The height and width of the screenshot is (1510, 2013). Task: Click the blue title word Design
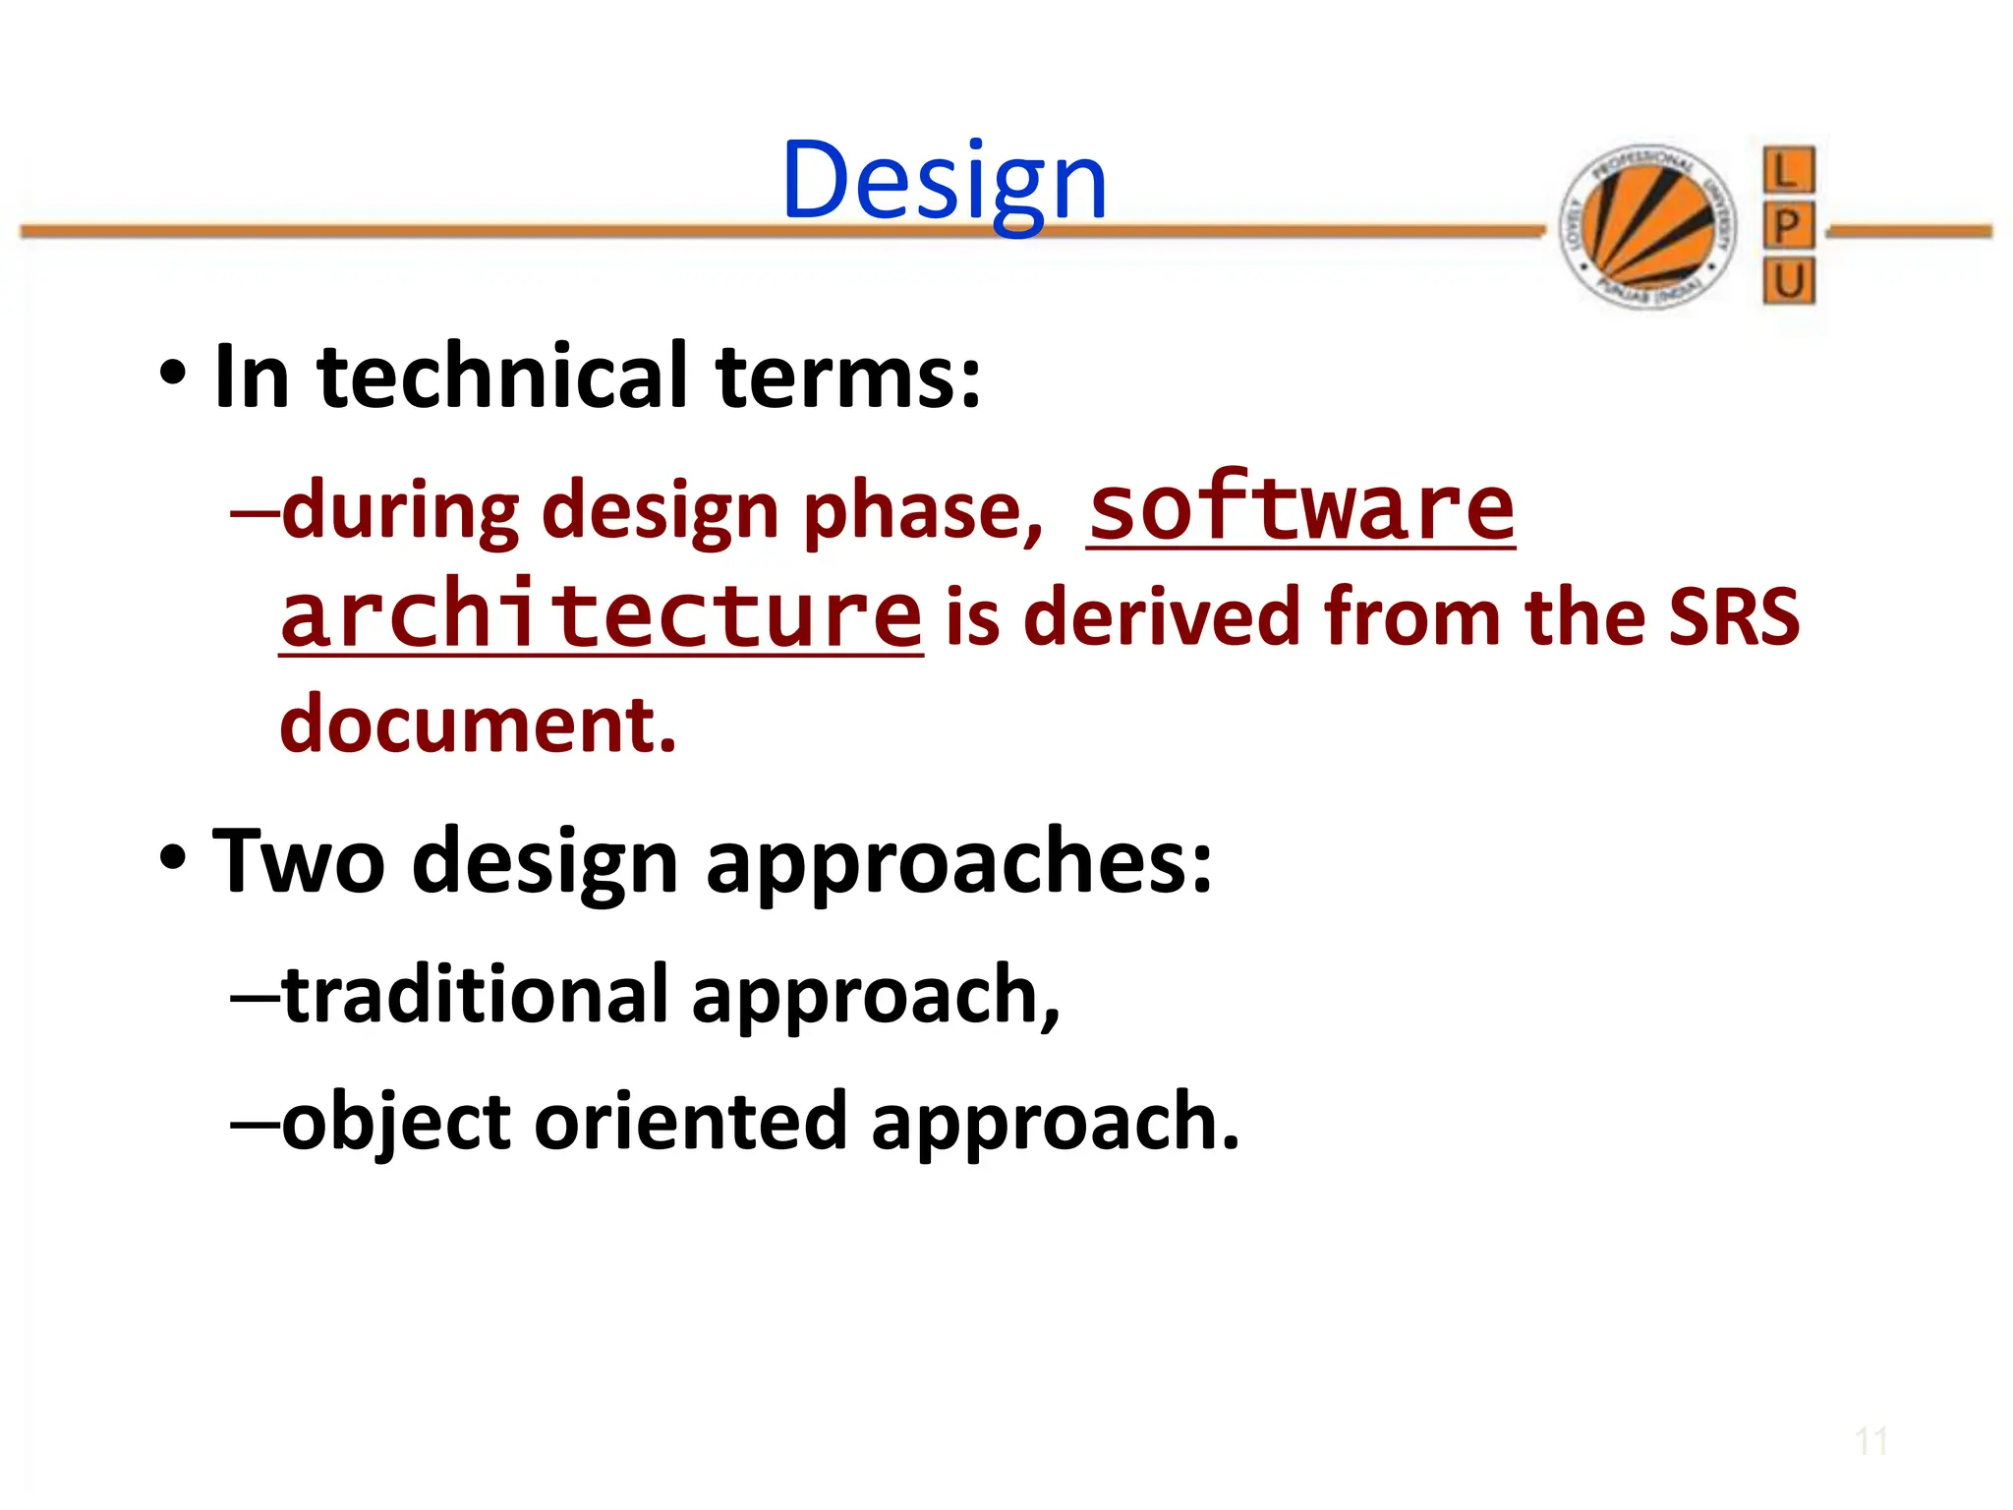pos(944,182)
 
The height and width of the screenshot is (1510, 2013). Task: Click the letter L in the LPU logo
pos(1788,171)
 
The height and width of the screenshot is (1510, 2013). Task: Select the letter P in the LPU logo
pos(1788,227)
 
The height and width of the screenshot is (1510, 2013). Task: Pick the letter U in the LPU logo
pos(1788,282)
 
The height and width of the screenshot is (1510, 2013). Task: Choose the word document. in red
pos(479,724)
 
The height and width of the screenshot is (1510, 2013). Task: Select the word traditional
pos(476,994)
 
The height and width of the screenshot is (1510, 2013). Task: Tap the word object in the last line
pos(396,1122)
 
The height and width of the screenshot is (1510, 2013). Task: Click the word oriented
pos(690,1122)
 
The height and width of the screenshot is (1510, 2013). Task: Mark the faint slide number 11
pos(1870,1442)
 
